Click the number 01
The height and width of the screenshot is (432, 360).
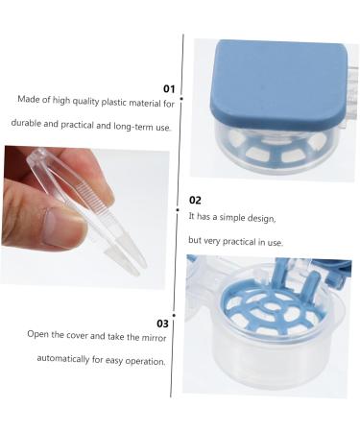[x=169, y=88]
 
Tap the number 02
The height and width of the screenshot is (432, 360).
[x=195, y=201]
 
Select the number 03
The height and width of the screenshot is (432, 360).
[x=162, y=324]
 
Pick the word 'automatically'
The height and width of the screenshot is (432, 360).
[x=63, y=358]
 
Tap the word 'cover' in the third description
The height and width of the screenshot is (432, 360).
[x=77, y=335]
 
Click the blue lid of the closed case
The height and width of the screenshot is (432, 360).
[x=278, y=80]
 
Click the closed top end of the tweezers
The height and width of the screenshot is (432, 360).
[x=36, y=156]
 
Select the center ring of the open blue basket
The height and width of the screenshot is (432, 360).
[x=272, y=306]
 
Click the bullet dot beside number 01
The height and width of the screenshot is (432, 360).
[x=181, y=99]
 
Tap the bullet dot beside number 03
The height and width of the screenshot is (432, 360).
[x=174, y=315]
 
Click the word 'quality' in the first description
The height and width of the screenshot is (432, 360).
[x=85, y=101]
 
